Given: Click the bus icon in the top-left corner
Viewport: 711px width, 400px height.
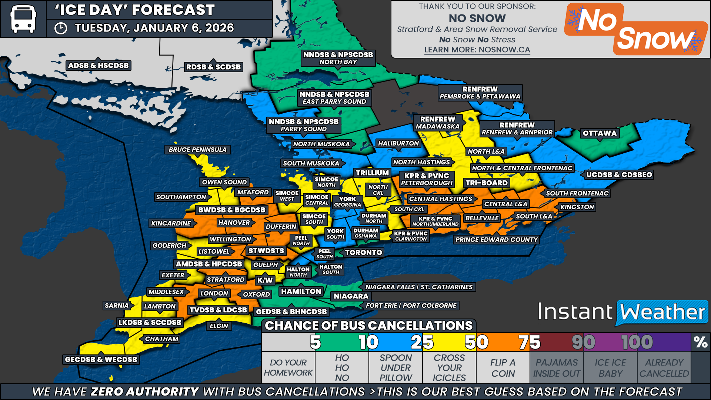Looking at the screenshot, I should (x=23, y=19).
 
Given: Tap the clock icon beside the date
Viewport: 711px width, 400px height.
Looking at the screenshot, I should (x=61, y=29).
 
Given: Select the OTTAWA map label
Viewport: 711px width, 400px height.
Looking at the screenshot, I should (x=600, y=133).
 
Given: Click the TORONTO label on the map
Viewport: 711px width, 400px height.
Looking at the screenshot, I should (x=363, y=253).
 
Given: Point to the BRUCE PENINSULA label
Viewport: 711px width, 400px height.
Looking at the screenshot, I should (x=197, y=150).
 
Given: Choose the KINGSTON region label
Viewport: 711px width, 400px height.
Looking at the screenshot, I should (x=577, y=207).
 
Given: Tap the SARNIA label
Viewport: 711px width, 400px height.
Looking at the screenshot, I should (x=117, y=306).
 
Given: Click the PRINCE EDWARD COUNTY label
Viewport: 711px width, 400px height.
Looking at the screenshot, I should (x=496, y=240).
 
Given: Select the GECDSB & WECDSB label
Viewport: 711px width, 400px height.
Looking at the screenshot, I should (x=101, y=359).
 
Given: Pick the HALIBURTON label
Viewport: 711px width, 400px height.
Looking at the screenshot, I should (x=398, y=143).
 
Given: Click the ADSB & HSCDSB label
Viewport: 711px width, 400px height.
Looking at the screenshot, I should (x=99, y=66).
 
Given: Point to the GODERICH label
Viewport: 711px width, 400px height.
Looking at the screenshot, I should (x=170, y=246).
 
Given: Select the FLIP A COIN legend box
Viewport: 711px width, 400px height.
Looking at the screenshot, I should (x=503, y=368).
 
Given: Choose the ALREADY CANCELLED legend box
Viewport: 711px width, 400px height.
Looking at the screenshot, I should (x=664, y=368).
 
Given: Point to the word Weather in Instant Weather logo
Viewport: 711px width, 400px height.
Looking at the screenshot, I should (x=662, y=312).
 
